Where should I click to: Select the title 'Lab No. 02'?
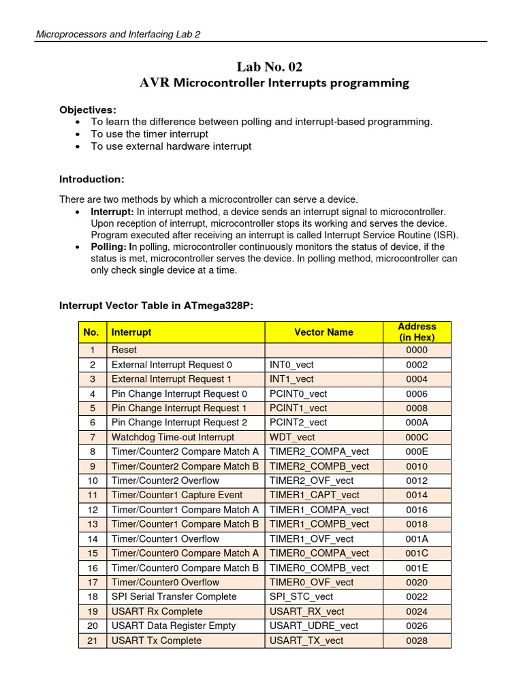(270, 66)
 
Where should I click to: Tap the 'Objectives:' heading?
(87, 110)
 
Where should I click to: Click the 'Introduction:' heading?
(92, 179)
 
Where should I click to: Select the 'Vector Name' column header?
(323, 332)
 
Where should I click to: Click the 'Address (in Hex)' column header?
(417, 332)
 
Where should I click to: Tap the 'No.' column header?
(91, 332)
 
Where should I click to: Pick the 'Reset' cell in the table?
(125, 350)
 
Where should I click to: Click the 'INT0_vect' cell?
(291, 364)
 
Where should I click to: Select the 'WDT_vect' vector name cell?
(292, 437)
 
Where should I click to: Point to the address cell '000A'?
(417, 422)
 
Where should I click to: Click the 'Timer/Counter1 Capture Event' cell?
(176, 495)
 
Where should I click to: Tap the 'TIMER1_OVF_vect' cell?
(312, 538)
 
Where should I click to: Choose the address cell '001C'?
(417, 553)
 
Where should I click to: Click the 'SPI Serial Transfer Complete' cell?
(174, 596)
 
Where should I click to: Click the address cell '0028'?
(417, 641)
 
